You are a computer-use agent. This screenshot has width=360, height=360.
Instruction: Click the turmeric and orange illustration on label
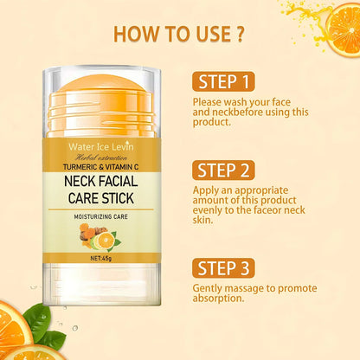[x=95, y=235]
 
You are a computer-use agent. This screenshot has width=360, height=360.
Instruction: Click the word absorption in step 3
[x=222, y=299]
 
